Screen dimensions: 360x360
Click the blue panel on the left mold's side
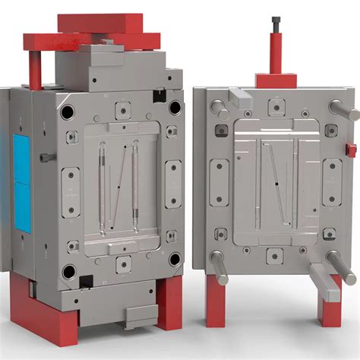(23, 182)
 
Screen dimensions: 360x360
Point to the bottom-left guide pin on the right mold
(219, 267)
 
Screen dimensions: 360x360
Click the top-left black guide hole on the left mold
(68, 112)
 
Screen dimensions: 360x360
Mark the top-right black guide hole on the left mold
(175, 108)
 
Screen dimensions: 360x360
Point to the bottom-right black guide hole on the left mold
(175, 260)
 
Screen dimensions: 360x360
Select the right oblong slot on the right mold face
(331, 182)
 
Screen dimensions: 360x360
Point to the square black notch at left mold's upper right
(159, 96)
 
